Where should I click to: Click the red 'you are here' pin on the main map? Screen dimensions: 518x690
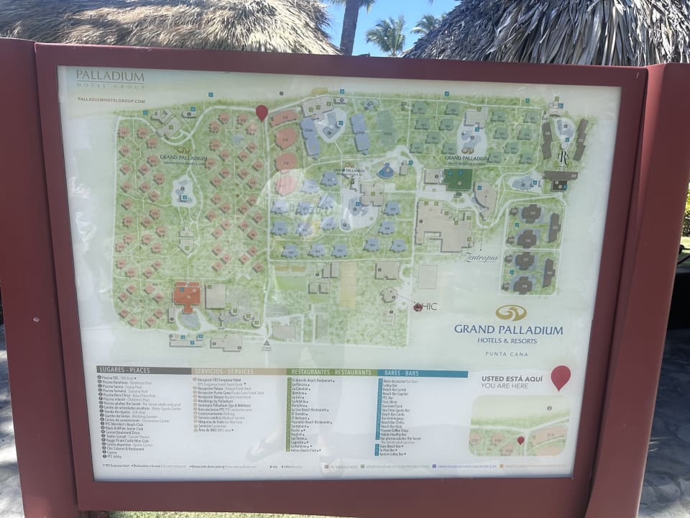tap(262, 112)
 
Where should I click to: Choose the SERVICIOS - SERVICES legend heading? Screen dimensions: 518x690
tap(223, 371)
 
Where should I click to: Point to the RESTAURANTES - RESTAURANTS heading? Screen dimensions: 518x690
tap(331, 372)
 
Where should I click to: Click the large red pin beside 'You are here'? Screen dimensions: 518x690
tap(561, 376)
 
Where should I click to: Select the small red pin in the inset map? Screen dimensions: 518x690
tap(520, 440)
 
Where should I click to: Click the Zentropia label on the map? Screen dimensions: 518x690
tap(481, 258)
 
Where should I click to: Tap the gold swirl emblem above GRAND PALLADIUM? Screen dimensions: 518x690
tap(510, 312)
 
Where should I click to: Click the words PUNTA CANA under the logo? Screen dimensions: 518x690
tap(508, 350)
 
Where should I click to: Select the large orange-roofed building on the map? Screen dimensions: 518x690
tap(187, 296)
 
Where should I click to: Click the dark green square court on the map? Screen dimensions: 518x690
tap(457, 178)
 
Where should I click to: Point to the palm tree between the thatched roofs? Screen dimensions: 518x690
tap(389, 33)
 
